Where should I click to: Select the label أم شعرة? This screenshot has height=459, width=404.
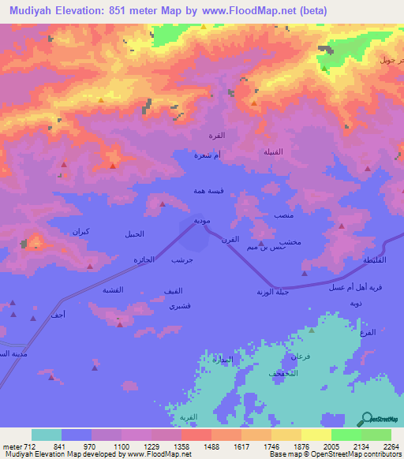[x=208, y=156]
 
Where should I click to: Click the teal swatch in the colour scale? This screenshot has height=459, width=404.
[x=47, y=435]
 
